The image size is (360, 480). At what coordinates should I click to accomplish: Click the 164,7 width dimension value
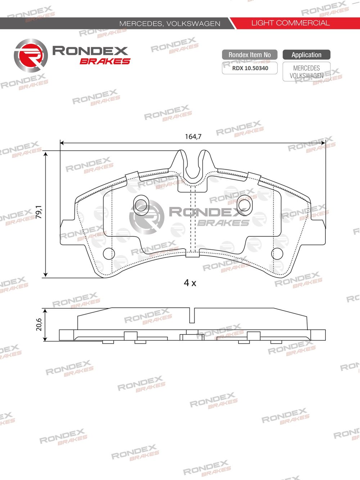193,137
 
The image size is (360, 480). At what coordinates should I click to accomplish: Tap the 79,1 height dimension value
39,212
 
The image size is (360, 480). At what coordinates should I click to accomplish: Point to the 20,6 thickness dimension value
39,324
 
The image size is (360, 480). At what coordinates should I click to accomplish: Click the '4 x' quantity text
190,283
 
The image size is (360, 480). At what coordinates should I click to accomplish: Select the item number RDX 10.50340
250,68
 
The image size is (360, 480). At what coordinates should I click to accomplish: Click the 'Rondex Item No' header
249,55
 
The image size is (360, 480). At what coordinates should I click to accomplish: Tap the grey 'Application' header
306,55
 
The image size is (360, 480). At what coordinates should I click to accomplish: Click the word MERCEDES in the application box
306,68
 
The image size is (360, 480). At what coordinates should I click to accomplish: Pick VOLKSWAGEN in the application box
306,76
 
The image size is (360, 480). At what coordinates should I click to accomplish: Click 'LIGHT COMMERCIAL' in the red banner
290,23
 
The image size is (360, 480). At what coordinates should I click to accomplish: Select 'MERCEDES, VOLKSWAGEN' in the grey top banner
170,24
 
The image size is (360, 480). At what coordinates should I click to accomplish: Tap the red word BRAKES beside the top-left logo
105,61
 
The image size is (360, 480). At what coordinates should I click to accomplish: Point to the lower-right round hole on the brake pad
277,253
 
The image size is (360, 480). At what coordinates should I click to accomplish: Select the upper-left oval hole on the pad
140,204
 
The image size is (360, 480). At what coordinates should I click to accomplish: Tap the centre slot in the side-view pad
192,316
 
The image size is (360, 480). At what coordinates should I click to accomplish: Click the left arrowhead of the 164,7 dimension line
62,143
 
